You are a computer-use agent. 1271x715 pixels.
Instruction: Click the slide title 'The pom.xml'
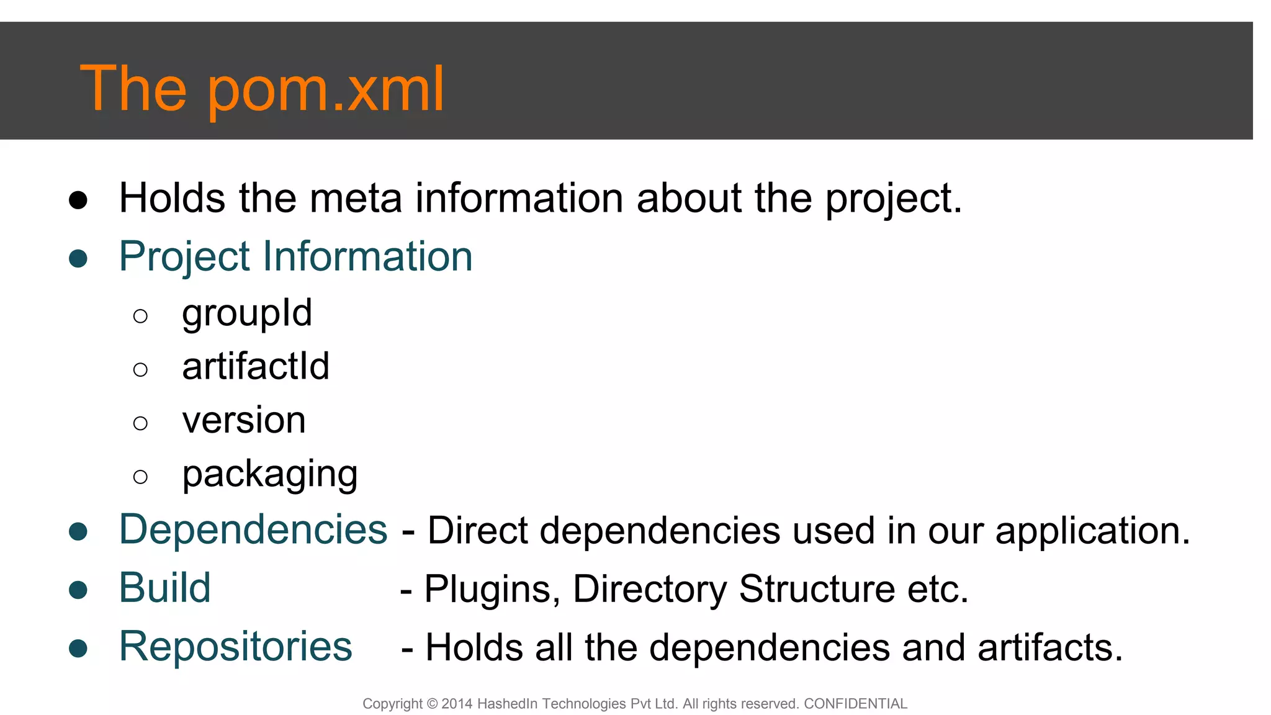[262, 88]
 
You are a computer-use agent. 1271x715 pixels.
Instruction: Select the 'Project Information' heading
[295, 256]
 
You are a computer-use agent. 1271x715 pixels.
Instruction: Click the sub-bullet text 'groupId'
[246, 313]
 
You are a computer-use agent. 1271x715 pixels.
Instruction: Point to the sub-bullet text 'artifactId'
[255, 366]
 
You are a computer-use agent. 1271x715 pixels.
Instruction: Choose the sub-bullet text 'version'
[244, 420]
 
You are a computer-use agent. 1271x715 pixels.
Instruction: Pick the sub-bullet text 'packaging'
[269, 474]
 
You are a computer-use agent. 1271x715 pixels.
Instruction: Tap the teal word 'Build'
[165, 588]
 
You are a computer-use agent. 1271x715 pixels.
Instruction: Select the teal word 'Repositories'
[235, 646]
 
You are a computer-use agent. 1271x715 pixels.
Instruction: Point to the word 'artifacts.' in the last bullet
[1050, 647]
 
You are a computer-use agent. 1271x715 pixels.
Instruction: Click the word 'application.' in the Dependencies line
[1092, 531]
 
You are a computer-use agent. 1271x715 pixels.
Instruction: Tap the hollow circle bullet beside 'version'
[140, 423]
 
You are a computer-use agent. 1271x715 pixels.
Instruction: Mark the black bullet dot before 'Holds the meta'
[78, 200]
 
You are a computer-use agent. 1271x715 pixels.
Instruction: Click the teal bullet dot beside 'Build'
[78, 590]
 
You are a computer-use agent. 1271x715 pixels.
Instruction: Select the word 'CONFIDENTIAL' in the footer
[855, 704]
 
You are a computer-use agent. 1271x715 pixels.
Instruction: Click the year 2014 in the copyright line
[457, 704]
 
